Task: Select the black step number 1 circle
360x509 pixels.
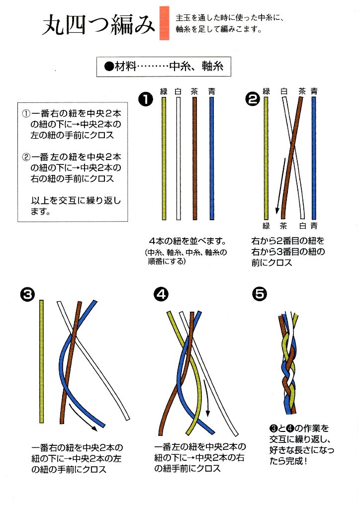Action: [x=145, y=99]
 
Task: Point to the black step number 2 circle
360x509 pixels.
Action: [x=253, y=99]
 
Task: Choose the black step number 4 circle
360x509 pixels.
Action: [x=160, y=294]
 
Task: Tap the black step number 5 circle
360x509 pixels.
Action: [x=259, y=294]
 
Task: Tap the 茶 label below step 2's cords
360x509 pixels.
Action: [x=283, y=225]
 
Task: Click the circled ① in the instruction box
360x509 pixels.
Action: [x=26, y=113]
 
